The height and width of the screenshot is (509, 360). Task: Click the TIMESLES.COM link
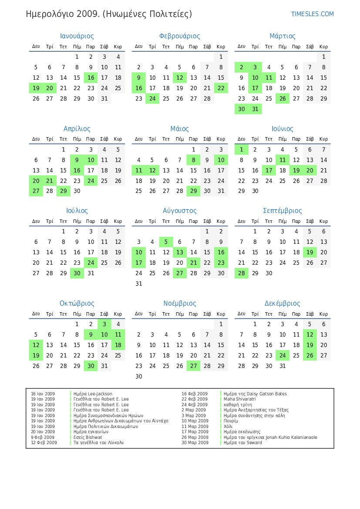tap(312, 14)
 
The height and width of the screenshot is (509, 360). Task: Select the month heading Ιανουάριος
tap(77, 36)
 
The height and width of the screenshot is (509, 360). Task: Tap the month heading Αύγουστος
tap(179, 211)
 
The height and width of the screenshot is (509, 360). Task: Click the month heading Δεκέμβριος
tap(282, 303)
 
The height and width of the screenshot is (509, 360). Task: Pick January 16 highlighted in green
tap(91, 78)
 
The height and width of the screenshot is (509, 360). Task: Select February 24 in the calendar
tap(152, 98)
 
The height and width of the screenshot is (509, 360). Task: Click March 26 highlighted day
tap(283, 98)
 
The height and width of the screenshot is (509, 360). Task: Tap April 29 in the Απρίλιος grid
tap(63, 191)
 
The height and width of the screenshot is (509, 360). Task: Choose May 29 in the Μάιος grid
tap(193, 191)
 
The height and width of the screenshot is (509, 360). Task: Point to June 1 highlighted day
tap(241, 150)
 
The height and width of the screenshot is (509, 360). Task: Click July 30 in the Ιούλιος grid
tap(77, 273)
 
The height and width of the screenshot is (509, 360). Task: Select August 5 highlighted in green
tap(166, 242)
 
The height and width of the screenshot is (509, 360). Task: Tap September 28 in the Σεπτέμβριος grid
tap(241, 273)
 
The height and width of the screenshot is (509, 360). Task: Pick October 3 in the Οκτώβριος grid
tap(104, 324)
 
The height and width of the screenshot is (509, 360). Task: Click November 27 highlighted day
tap(193, 366)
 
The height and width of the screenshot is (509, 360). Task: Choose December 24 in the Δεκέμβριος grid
tap(283, 355)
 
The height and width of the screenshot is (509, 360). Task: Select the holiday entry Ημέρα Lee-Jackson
tap(93, 394)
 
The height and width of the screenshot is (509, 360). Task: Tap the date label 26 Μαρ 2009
tap(195, 437)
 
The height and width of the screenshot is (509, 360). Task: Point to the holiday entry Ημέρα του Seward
tap(243, 443)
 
